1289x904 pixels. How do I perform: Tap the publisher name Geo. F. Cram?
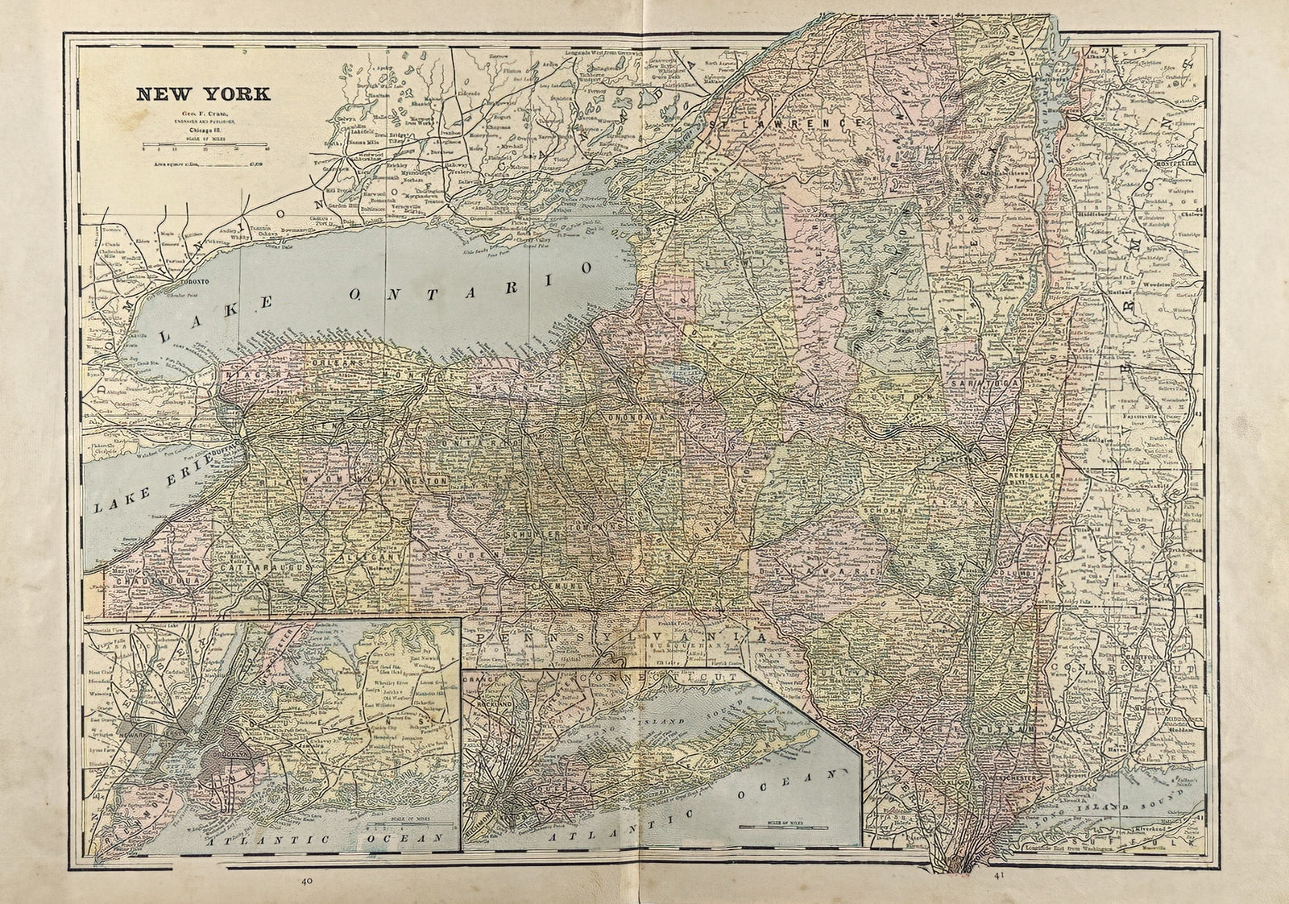(202, 114)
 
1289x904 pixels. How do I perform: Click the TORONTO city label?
(193, 283)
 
